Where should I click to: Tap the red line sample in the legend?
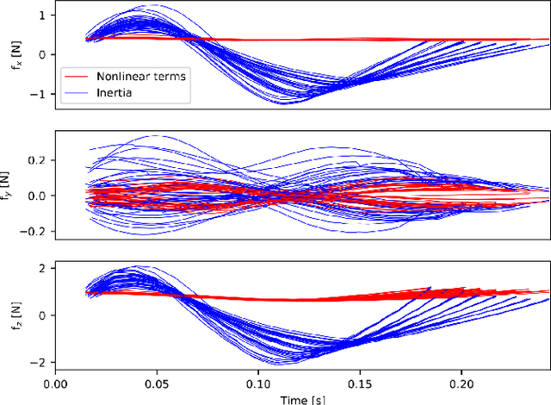[x=78, y=76]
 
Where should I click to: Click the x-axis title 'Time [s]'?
[x=301, y=399]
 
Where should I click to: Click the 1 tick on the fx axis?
[x=45, y=16]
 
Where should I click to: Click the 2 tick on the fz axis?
[x=45, y=269]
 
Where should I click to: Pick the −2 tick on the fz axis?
[x=41, y=362]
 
